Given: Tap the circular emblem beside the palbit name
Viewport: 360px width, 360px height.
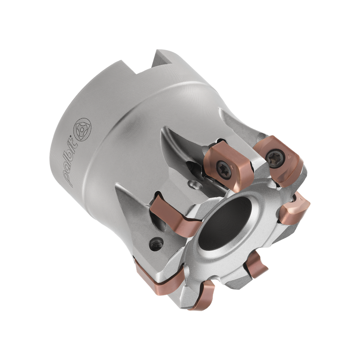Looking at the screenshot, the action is [82, 130].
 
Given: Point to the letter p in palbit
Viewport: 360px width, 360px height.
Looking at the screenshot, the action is [68, 179].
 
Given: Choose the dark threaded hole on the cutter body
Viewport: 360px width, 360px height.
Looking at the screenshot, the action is [156, 244].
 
